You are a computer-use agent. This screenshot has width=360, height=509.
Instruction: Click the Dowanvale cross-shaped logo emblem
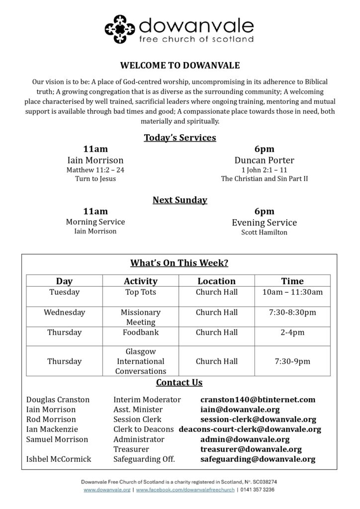coord(120,30)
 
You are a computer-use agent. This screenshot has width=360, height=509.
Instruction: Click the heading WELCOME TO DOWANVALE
coord(180,65)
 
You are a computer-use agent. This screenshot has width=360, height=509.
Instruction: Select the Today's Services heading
coord(180,138)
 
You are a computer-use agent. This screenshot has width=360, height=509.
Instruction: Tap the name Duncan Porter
coord(264,160)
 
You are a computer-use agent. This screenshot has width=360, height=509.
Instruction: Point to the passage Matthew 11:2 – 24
coord(95,170)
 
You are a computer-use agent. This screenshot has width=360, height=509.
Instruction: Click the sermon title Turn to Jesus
coord(95,178)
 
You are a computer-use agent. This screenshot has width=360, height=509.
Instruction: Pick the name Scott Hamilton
coord(264,232)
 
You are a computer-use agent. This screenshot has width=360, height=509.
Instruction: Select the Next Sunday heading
coord(180,200)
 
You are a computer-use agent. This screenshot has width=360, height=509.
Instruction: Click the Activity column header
coord(140,281)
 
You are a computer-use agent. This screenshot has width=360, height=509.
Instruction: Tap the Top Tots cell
coord(140,292)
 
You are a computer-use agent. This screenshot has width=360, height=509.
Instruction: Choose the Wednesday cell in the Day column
coord(64,313)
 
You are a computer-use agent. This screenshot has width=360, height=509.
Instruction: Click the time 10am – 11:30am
coord(292,292)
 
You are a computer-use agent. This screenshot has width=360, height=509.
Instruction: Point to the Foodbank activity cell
coord(140,333)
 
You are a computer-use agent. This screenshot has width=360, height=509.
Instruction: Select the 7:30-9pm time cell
coord(292,361)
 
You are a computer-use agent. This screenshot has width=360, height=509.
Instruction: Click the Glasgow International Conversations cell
coord(140,361)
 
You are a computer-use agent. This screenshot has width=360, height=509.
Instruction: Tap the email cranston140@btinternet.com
coord(258,400)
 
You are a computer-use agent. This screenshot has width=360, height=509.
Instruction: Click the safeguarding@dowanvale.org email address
coord(258,459)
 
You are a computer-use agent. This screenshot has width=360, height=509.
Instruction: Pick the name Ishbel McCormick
coord(59,459)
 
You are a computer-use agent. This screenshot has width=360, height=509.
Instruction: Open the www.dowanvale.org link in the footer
coord(107,490)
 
